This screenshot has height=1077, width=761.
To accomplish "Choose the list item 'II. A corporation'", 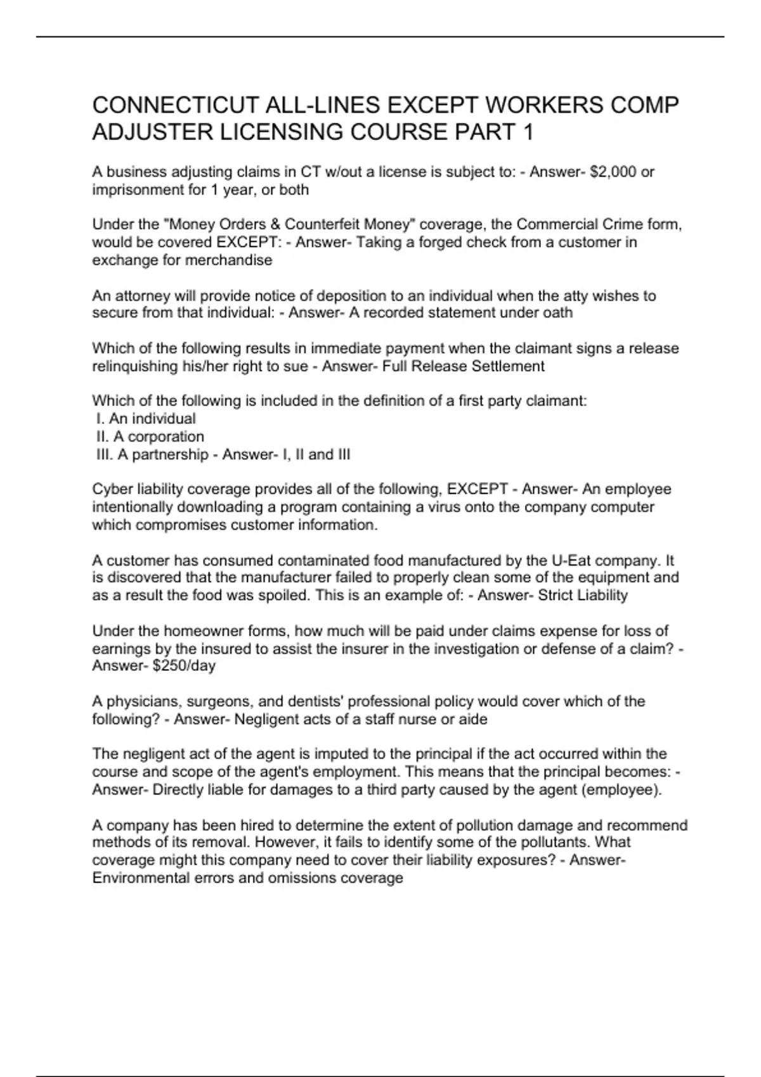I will pyautogui.click(x=150, y=437).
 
